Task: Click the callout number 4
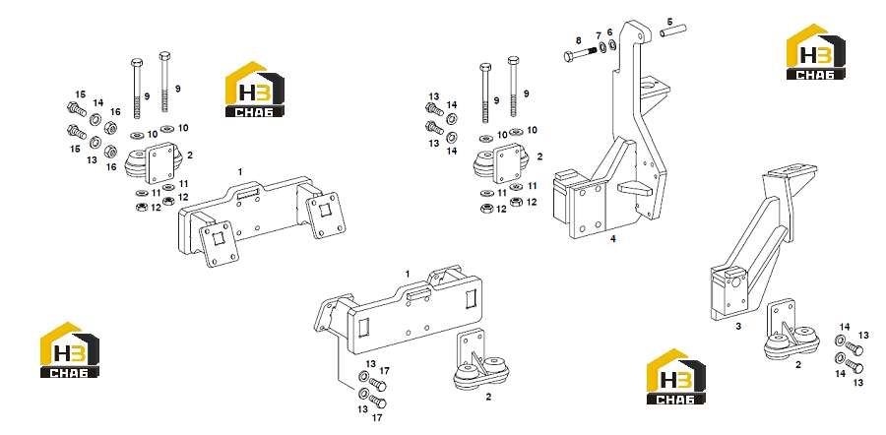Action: pyautogui.click(x=612, y=239)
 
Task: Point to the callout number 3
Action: pyautogui.click(x=738, y=326)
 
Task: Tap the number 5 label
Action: pyautogui.click(x=669, y=22)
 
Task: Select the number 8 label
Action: pyautogui.click(x=578, y=40)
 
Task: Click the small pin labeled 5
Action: pyautogui.click(x=672, y=31)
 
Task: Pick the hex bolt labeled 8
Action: pyautogui.click(x=580, y=55)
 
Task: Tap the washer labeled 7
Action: pyautogui.click(x=602, y=47)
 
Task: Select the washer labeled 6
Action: pyautogui.click(x=612, y=43)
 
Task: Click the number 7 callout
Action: pyautogui.click(x=599, y=35)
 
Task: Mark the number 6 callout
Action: pyautogui.click(x=609, y=31)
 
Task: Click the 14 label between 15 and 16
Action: pyautogui.click(x=98, y=102)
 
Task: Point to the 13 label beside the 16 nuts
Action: pyautogui.click(x=92, y=159)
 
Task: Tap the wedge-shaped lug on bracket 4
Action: pyautogui.click(x=633, y=188)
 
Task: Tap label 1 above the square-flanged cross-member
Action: pyautogui.click(x=239, y=171)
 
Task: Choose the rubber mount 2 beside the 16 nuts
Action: pyautogui.click(x=154, y=162)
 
